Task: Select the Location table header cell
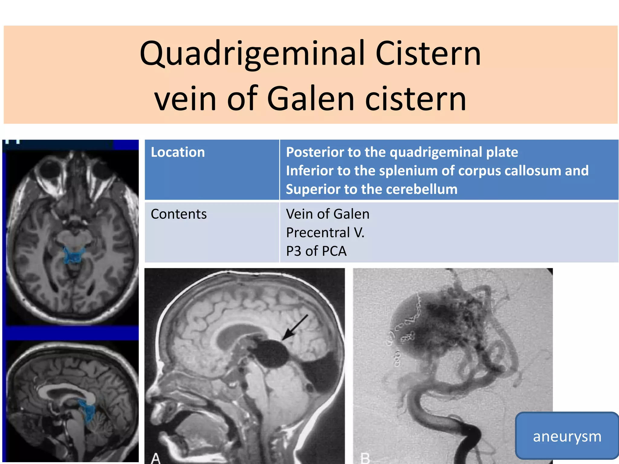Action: pyautogui.click(x=178, y=152)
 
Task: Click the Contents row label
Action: pyautogui.click(x=179, y=214)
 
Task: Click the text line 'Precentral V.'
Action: pyautogui.click(x=325, y=233)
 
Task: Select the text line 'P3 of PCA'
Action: pyautogui.click(x=316, y=251)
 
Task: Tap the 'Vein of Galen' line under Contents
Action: pyautogui.click(x=328, y=214)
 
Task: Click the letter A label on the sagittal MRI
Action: pyautogui.click(x=155, y=458)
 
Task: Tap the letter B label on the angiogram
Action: pyautogui.click(x=365, y=458)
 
